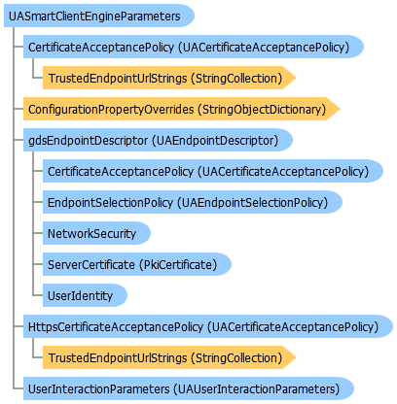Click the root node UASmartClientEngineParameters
pos(99,16)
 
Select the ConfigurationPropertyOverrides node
pos(182,109)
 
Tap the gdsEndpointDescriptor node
pos(158,140)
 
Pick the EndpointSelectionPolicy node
pos(193,202)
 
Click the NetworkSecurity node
pos(96,233)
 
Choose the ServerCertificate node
pos(137,264)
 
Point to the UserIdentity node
pos(85,295)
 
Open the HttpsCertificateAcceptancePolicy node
pos(208,326)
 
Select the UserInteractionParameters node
pos(189,388)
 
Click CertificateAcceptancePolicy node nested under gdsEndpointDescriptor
pos(213,171)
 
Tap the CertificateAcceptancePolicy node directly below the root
pos(194,47)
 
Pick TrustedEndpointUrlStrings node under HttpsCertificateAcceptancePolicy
pos(169,357)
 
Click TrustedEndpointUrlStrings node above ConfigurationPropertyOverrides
pos(169,78)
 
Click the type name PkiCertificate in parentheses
pos(178,265)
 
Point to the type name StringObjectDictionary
pos(262,110)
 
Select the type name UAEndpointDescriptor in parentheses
pos(215,141)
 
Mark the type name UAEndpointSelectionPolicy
pos(253,203)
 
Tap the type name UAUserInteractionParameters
pos(256,388)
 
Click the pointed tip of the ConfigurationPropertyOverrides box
pos(340,109)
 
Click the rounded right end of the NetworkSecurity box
pos(150,233)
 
